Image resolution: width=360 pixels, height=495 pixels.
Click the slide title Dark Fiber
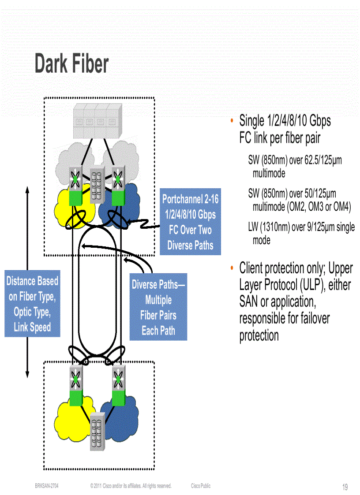pos(71,64)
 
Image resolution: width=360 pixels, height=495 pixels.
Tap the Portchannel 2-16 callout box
pos(190,222)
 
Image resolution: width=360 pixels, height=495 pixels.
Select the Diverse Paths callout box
pos(158,307)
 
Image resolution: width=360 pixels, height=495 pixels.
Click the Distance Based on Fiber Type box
pos(32,304)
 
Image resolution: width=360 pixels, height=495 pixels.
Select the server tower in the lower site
pos(97,432)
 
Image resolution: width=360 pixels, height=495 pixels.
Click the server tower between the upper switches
pos(97,185)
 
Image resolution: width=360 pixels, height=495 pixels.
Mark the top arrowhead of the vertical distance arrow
pos(27,190)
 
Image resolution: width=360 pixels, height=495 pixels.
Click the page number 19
pos(345,487)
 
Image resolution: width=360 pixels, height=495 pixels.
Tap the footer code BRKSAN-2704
pos(47,486)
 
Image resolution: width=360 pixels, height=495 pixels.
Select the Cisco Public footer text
pos(201,486)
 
